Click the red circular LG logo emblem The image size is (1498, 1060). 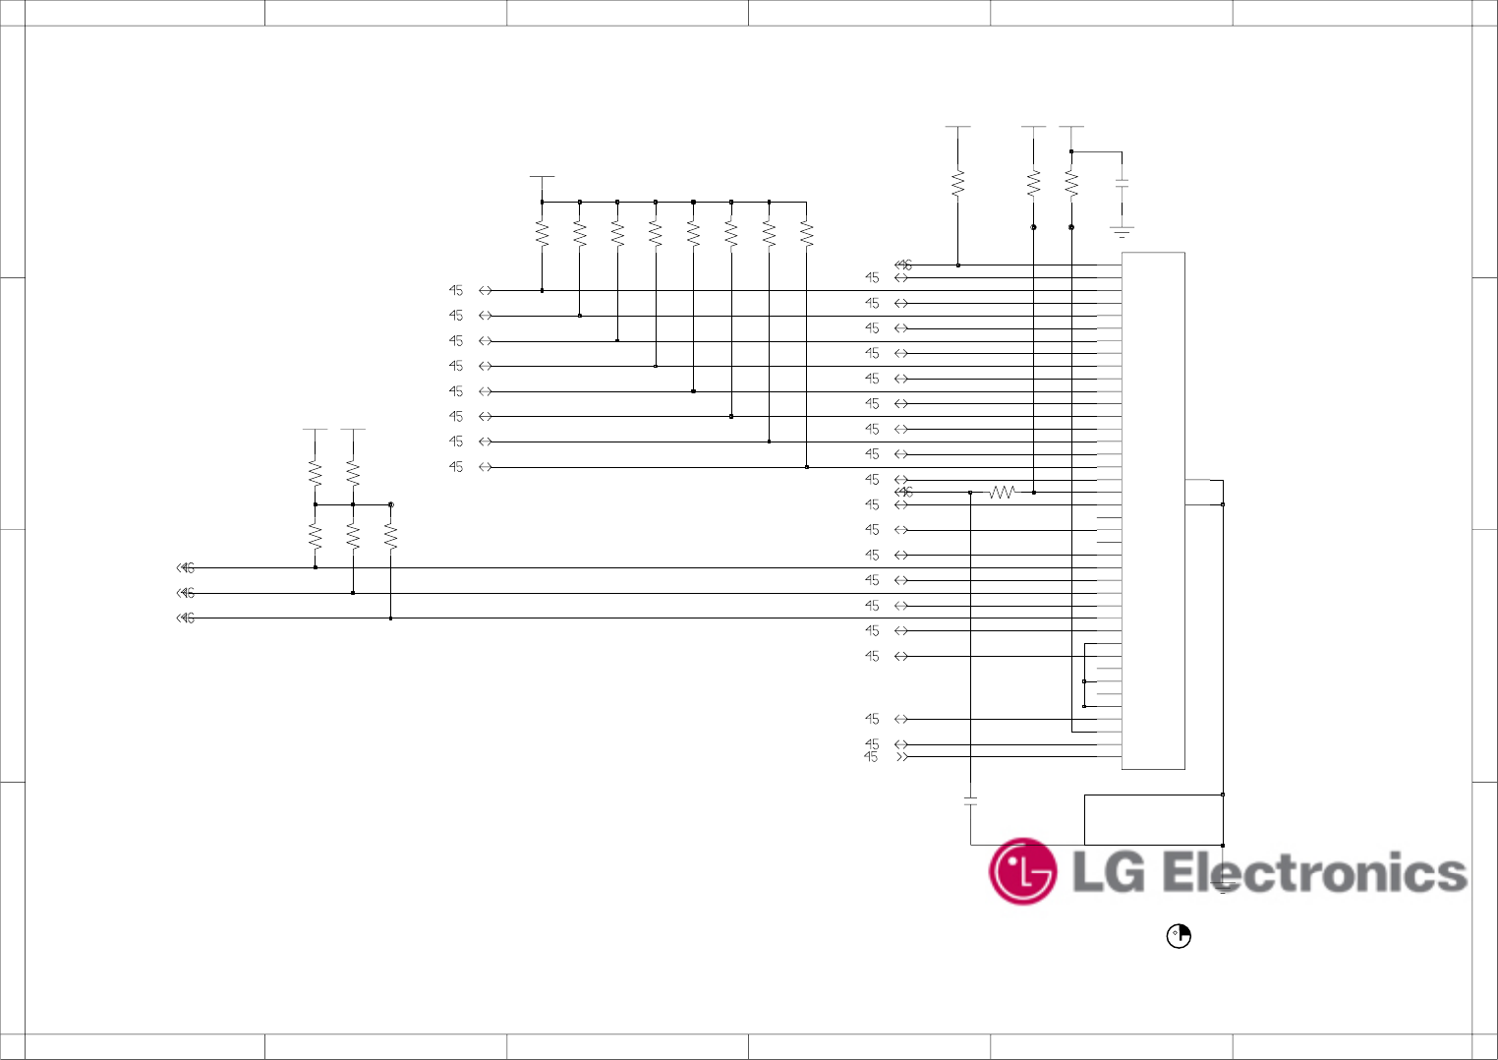click(1022, 871)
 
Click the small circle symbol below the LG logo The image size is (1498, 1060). click(1178, 936)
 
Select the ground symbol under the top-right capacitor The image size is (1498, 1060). click(1122, 232)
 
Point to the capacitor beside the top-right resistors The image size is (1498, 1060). click(1122, 184)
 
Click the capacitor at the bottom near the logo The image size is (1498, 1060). click(970, 800)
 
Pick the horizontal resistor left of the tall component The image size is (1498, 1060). click(1002, 492)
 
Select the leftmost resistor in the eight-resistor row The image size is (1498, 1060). click(542, 234)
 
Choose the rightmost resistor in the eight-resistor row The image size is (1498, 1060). click(806, 234)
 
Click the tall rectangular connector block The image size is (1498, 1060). click(1153, 510)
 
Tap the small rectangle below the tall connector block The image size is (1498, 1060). click(1153, 819)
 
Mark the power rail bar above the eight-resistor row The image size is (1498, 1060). click(542, 177)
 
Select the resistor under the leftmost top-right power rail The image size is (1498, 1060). click(957, 184)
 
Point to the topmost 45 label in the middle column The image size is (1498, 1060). click(456, 290)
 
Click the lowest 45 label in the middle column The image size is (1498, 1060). click(456, 466)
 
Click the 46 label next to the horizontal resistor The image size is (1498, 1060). click(905, 492)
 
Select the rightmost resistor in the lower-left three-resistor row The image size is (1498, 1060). click(390, 536)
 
